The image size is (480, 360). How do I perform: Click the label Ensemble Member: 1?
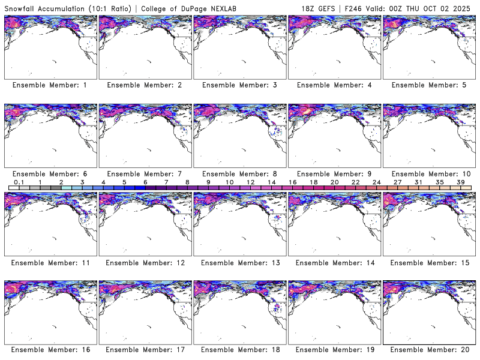(x=50, y=85)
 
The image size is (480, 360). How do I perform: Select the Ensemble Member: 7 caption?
(x=144, y=173)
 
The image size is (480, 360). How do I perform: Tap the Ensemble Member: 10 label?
(x=428, y=173)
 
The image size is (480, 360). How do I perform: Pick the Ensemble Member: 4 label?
(x=334, y=85)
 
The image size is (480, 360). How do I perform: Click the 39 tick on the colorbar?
(x=460, y=182)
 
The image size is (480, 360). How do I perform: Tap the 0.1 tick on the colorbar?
(x=19, y=182)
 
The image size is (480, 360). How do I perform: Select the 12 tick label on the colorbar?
(x=250, y=182)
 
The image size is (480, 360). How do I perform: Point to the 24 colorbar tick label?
(x=376, y=182)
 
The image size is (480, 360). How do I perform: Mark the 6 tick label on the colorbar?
(x=145, y=182)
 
